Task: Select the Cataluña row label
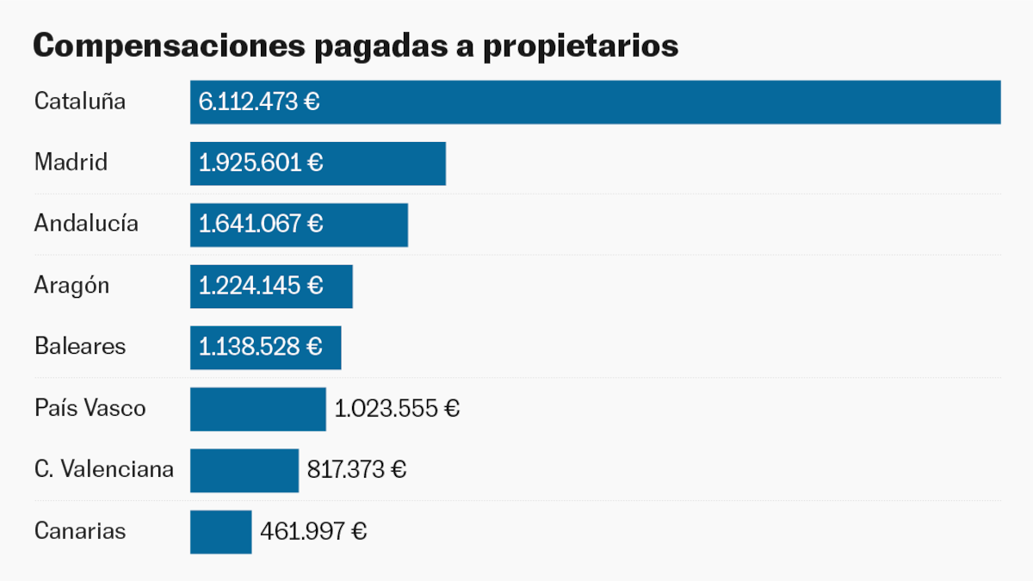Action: point(80,102)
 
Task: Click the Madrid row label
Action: point(71,162)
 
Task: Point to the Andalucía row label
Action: point(86,224)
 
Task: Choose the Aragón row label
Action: point(71,286)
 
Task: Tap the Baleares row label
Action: point(80,346)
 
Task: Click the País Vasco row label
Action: point(90,408)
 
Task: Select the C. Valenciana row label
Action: point(104,469)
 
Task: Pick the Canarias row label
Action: point(80,531)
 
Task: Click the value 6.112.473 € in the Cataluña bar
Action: point(259,102)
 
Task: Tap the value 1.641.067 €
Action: point(261,225)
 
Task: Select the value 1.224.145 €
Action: point(261,286)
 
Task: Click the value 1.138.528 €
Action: point(261,347)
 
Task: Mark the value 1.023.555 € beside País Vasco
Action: point(397,409)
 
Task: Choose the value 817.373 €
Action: point(356,470)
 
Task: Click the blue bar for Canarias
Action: point(220,532)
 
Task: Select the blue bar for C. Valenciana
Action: point(244,470)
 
